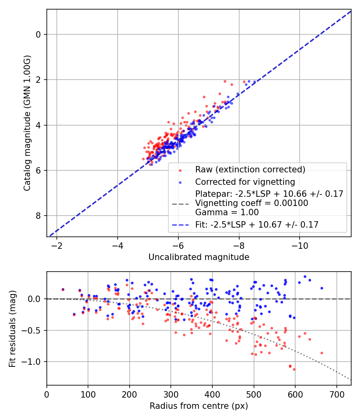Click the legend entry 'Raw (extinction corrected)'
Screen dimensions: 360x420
(x=250, y=170)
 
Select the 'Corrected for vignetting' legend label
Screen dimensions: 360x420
(x=245, y=182)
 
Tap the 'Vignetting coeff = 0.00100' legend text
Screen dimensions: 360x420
(x=252, y=203)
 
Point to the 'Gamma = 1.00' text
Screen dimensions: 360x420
(x=227, y=212)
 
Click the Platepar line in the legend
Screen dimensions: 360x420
(x=269, y=194)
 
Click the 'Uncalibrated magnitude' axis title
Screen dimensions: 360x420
(x=199, y=257)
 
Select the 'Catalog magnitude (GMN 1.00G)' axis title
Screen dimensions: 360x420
(x=27, y=123)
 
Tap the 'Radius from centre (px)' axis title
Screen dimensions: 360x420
(x=199, y=406)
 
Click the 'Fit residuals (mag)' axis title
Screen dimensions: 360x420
(x=12, y=329)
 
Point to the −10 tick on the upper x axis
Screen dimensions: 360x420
(x=300, y=246)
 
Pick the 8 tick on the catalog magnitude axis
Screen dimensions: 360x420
(x=38, y=216)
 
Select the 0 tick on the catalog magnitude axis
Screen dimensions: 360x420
(x=38, y=34)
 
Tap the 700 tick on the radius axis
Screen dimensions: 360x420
(x=336, y=394)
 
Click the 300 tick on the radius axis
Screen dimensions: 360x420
(x=171, y=394)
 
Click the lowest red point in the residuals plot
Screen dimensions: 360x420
(x=294, y=369)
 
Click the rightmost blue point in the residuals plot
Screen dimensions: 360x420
(x=322, y=288)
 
